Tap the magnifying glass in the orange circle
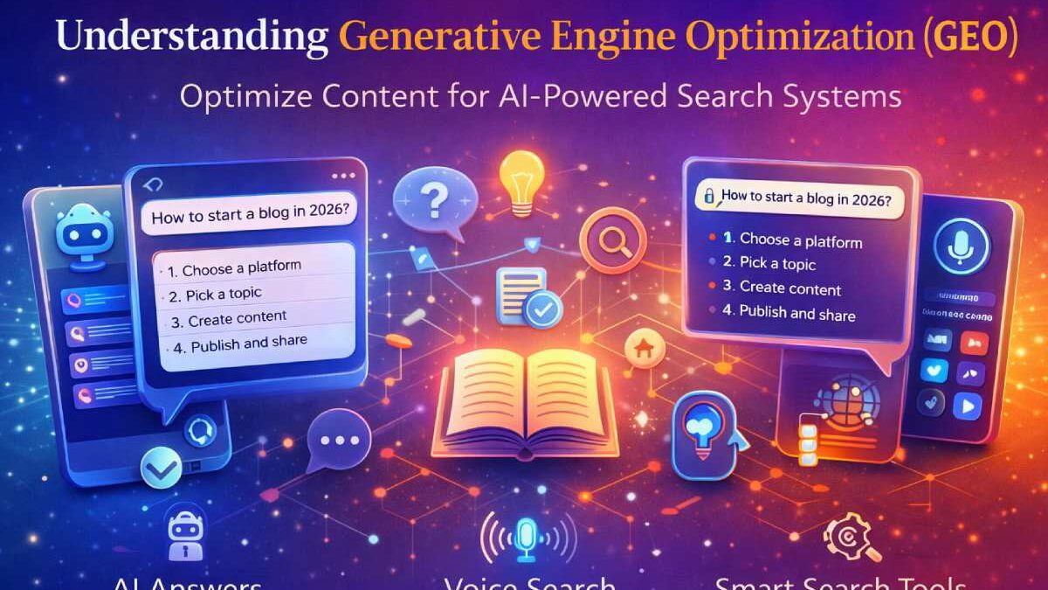point(613,239)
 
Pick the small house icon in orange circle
point(645,347)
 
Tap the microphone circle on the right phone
point(961,246)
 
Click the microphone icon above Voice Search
point(527,536)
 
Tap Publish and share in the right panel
point(796,313)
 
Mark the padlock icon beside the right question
point(710,198)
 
